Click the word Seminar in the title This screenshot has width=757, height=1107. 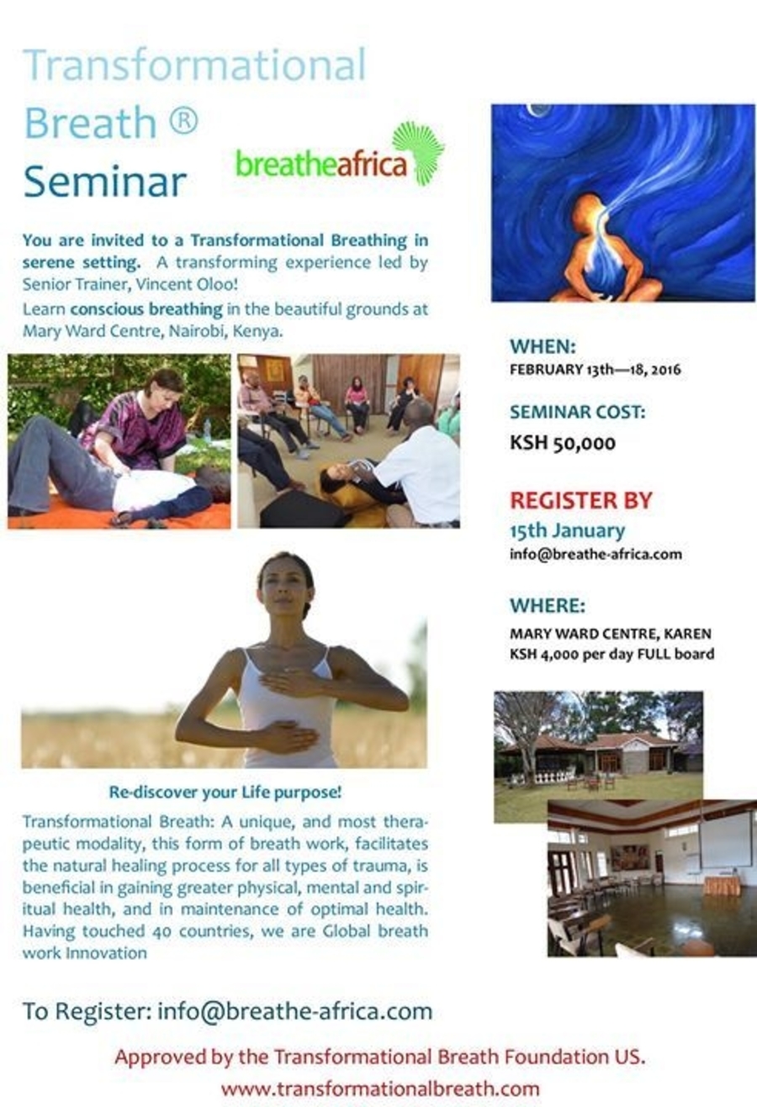pos(105,182)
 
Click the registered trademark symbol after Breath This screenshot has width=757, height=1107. pos(183,121)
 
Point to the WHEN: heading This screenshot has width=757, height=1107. pos(543,346)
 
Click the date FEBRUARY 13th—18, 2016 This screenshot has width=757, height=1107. pos(596,370)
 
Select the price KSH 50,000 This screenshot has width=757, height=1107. pos(563,443)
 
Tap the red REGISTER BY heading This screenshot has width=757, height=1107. pos(581,501)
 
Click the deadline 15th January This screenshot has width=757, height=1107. pos(567,530)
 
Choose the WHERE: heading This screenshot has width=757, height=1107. pos(548,606)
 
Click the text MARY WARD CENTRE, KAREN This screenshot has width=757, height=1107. pos(611,634)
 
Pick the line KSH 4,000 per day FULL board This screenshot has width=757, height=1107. pos(612,654)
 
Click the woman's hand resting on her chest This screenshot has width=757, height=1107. pos(292,683)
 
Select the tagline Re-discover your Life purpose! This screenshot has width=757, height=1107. pos(225,792)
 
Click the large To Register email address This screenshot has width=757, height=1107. pos(294,1011)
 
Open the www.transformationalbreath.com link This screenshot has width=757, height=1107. pos(379,1089)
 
